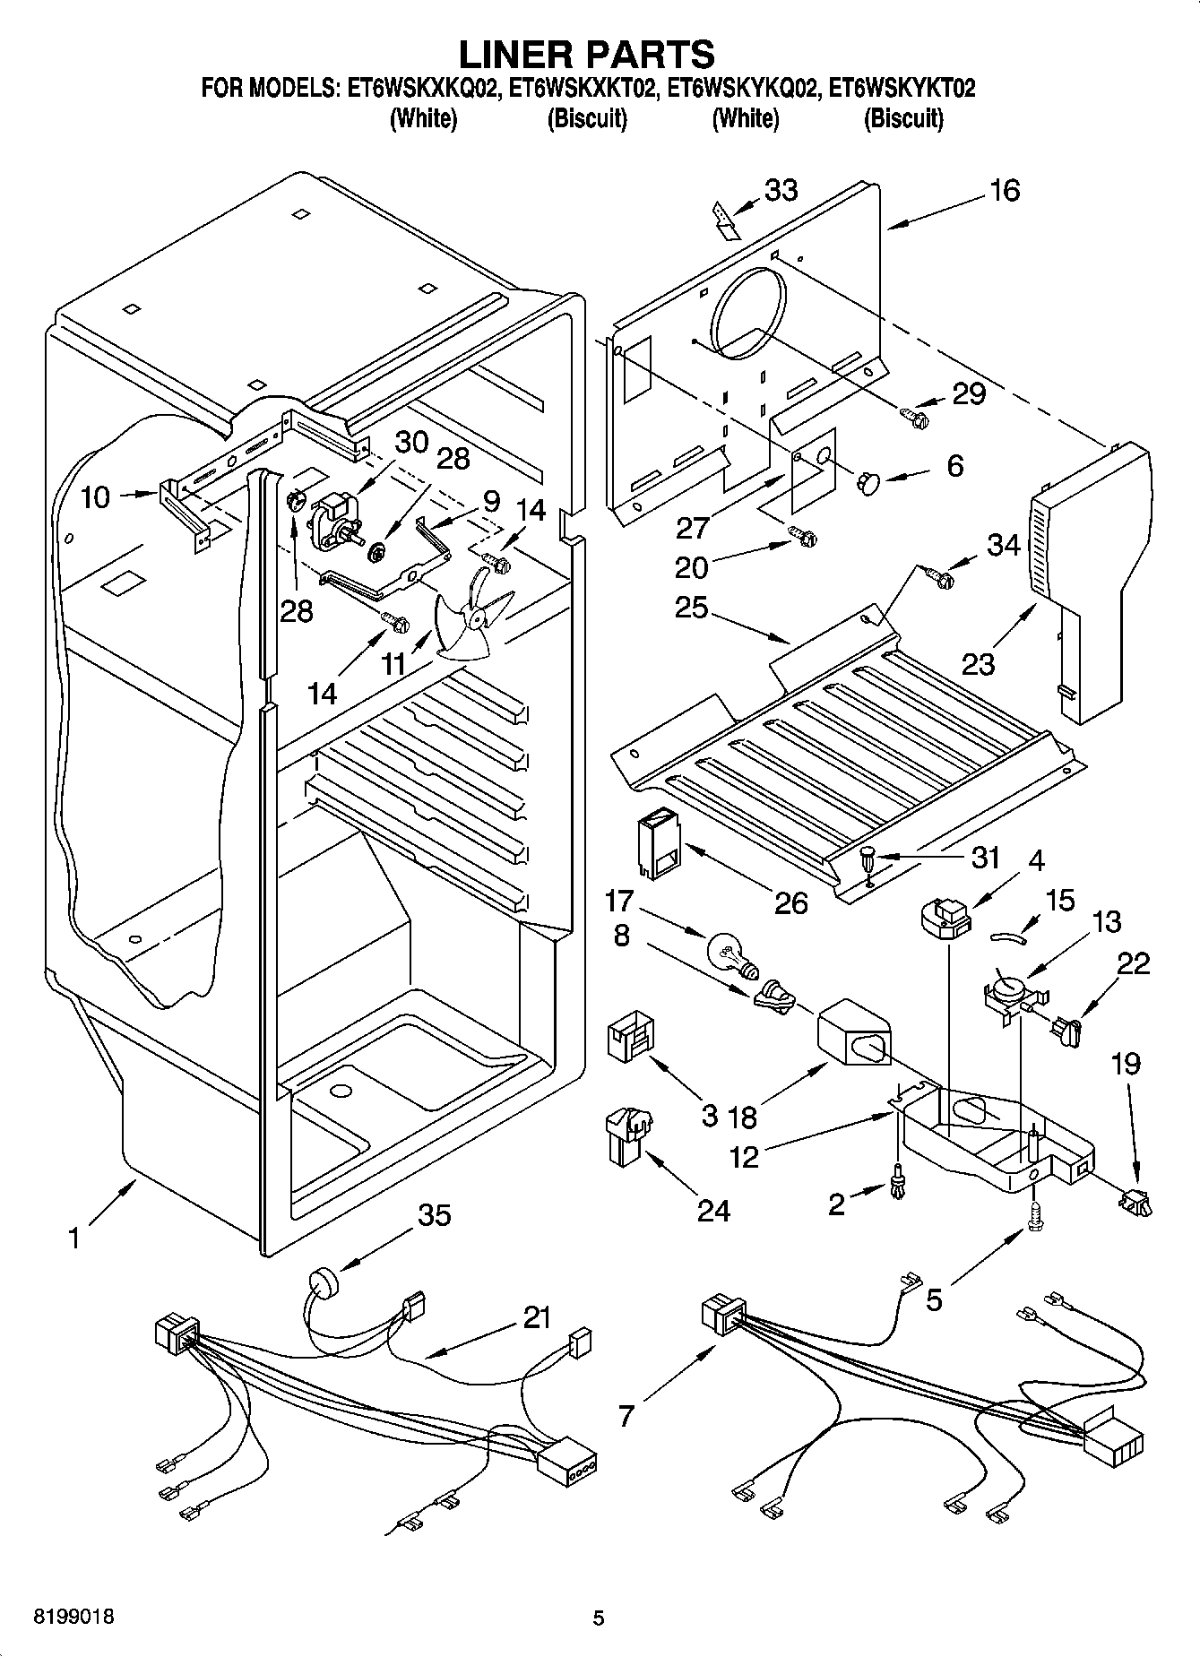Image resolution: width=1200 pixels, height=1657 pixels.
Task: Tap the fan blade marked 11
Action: [472, 622]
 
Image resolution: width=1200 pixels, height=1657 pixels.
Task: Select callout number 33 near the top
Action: [781, 190]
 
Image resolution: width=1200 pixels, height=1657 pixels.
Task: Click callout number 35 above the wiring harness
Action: [435, 1215]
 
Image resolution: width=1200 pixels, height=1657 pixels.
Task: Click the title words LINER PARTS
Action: [586, 54]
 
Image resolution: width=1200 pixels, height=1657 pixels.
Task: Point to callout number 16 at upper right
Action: [1005, 190]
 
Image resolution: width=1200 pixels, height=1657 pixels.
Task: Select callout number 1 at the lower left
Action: [74, 1238]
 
